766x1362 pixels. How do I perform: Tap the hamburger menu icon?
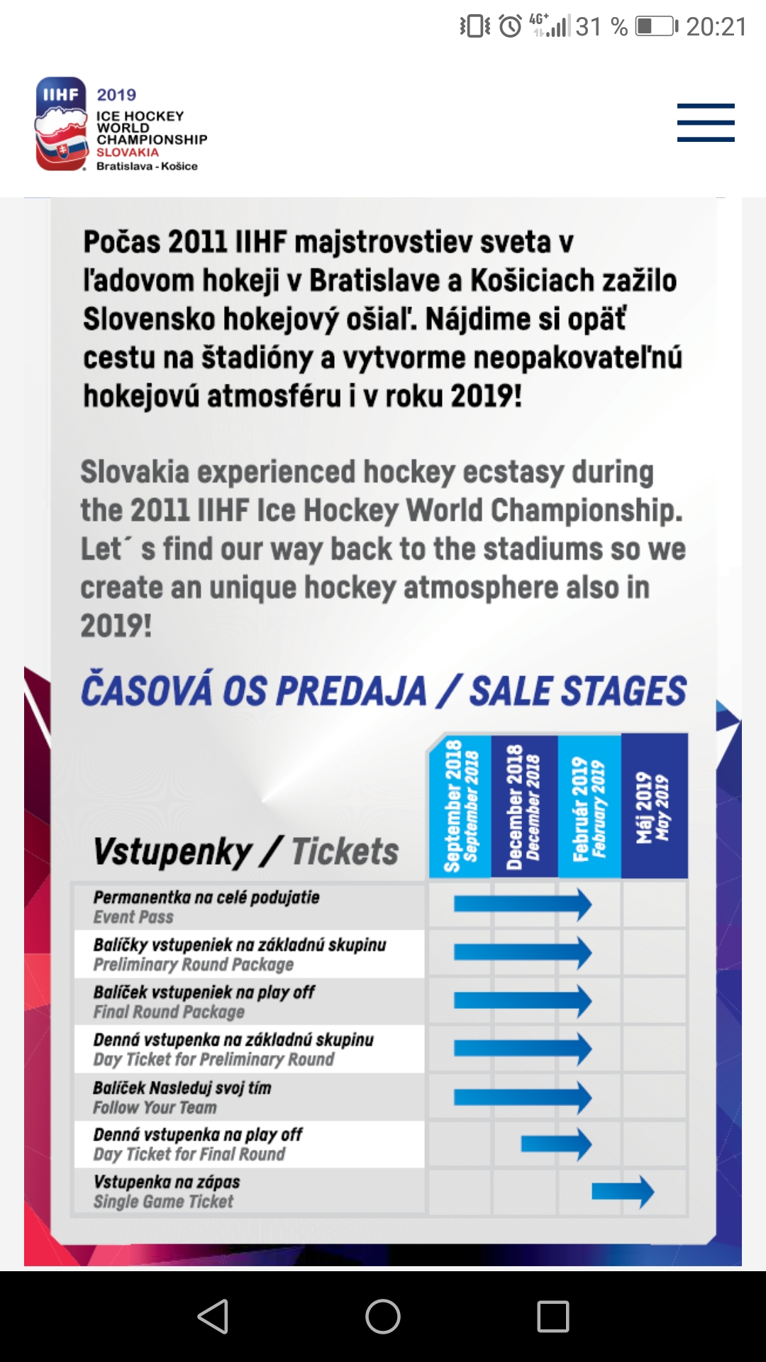(705, 123)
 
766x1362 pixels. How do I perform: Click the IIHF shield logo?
(61, 124)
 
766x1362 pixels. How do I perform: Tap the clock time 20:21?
(716, 27)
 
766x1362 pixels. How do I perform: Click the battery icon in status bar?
(656, 27)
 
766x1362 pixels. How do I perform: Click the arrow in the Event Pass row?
(523, 904)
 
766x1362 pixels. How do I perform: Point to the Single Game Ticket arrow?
(623, 1192)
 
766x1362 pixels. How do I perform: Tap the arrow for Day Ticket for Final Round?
(556, 1144)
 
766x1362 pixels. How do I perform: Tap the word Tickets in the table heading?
(345, 851)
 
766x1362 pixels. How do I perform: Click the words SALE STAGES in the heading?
(578, 691)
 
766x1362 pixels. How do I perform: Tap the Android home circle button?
(383, 1317)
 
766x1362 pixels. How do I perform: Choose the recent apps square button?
(553, 1317)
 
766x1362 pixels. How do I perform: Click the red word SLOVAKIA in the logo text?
(128, 153)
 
